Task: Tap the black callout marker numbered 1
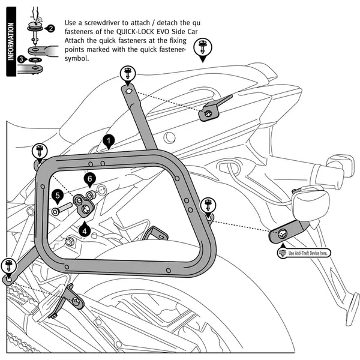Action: pos(108,142)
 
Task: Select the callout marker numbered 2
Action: pos(51,29)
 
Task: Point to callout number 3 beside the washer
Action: pos(21,59)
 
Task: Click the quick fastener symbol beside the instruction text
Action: pos(202,49)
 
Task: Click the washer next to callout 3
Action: pos(37,60)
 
